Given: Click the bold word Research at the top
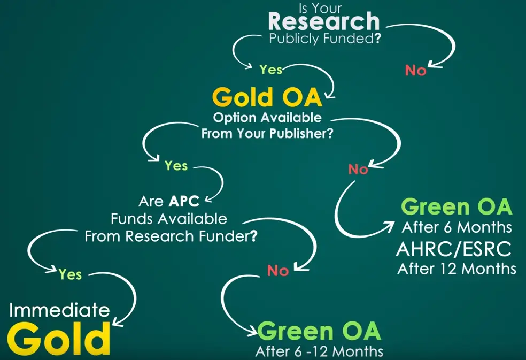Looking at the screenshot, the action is (x=324, y=21).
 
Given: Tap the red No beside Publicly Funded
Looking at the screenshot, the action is (x=415, y=71).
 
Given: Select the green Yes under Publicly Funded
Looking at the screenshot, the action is (x=270, y=70).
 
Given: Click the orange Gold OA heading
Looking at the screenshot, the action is (x=267, y=97).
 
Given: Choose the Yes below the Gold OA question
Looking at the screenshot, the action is (x=176, y=166).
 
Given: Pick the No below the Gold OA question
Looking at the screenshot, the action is (x=358, y=169).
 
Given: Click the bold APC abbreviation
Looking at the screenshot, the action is (x=184, y=201).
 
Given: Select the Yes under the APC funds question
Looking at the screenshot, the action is (x=70, y=274).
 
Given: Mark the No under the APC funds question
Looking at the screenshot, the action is (x=278, y=271).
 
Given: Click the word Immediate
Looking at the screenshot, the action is (x=59, y=310).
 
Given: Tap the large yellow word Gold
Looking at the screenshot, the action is (x=59, y=339).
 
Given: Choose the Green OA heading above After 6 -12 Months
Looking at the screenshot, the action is (x=319, y=331).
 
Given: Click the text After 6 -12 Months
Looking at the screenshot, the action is (x=319, y=351).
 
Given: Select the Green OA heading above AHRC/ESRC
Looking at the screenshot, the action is (x=457, y=206).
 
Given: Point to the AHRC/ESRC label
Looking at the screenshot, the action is (x=454, y=249).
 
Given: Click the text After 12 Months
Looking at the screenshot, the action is (x=457, y=269).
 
